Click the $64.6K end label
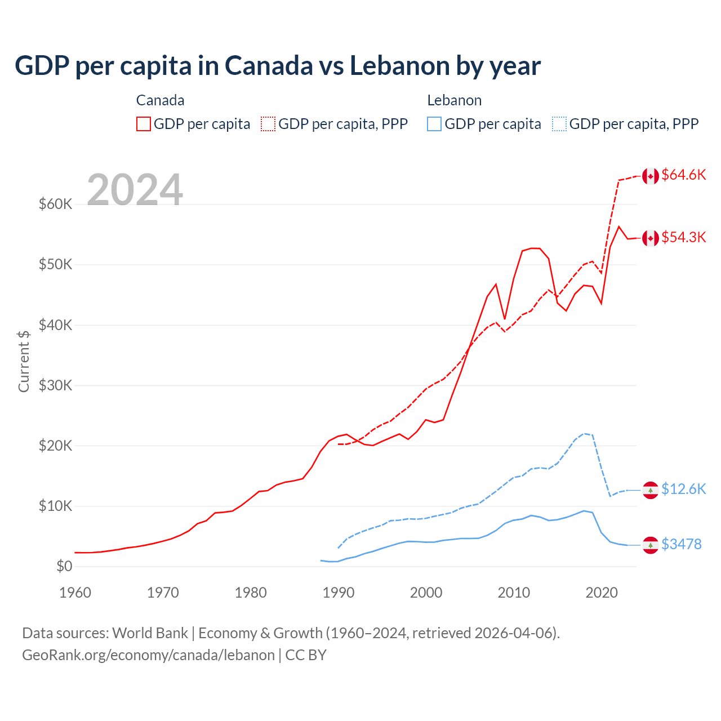click(683, 175)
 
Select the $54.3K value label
click(683, 238)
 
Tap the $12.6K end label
click(683, 489)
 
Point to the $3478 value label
click(681, 544)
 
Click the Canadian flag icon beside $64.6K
click(651, 176)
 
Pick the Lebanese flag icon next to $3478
click(651, 545)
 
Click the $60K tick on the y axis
click(55, 204)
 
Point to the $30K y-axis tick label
click(55, 385)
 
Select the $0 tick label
click(64, 566)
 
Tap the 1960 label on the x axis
click(75, 593)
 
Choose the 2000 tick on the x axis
click(426, 593)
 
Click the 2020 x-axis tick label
click(602, 593)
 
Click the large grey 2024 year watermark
click(135, 190)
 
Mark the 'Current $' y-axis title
click(24, 360)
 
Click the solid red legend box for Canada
click(144, 124)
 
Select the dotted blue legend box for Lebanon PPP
click(559, 124)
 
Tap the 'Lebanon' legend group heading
click(454, 100)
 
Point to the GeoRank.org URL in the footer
click(148, 655)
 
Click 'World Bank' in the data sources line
click(150, 633)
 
